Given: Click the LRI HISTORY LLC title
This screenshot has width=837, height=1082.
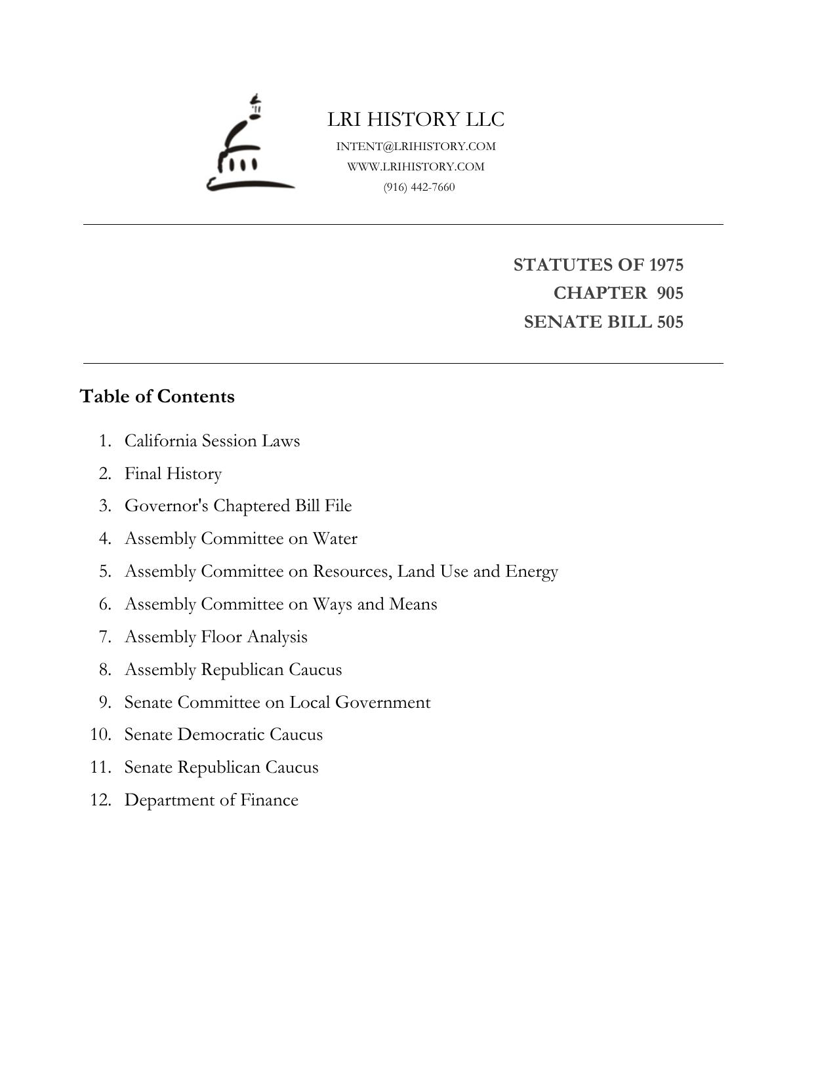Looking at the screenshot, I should click(x=416, y=120).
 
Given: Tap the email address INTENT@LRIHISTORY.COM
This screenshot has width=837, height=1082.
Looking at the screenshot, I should click(x=416, y=146).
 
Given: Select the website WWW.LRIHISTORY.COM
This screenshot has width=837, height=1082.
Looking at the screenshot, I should click(x=416, y=166).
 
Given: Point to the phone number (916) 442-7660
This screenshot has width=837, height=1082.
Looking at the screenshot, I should click(x=419, y=187).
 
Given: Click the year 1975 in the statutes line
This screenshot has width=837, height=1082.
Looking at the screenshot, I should click(x=666, y=265).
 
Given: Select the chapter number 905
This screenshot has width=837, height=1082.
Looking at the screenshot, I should click(x=670, y=293).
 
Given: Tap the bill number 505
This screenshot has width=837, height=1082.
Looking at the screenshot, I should click(x=670, y=322).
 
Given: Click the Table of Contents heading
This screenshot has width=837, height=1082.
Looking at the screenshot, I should click(x=157, y=396).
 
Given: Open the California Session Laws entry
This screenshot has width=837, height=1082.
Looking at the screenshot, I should click(x=212, y=440).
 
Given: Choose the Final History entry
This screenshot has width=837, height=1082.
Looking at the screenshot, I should click(x=173, y=473).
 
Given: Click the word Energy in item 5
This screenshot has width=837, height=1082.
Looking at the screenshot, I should click(x=531, y=571).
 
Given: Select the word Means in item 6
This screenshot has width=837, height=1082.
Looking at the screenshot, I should click(x=413, y=604).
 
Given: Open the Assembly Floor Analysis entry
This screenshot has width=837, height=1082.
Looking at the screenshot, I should click(x=216, y=636).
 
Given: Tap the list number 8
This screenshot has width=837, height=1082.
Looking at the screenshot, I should click(x=105, y=669).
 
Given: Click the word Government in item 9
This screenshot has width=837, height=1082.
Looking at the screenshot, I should click(x=382, y=702).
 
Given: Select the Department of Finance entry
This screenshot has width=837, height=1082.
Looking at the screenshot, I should click(x=211, y=800).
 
